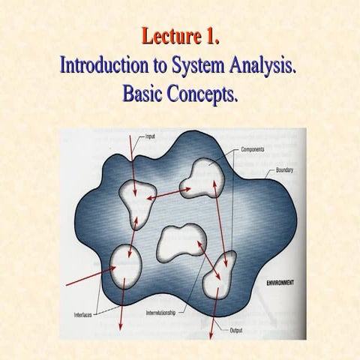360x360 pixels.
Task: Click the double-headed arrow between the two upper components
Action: (x=168, y=194)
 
